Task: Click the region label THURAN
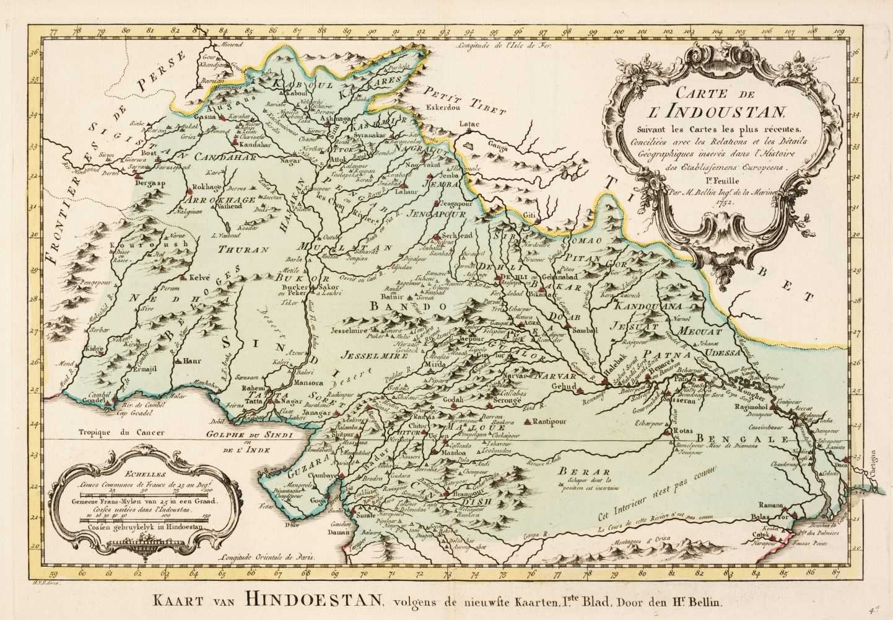coord(246,250)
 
